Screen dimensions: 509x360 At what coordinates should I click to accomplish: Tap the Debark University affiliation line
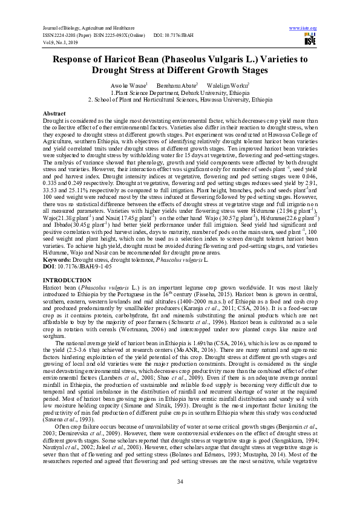click(x=179, y=93)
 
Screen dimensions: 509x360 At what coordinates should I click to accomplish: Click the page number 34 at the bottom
click(x=180, y=481)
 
